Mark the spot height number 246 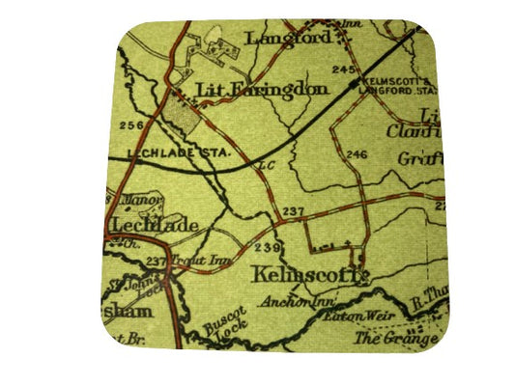[x=358, y=155]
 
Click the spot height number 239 [x=267, y=248]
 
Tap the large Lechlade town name [x=155, y=226]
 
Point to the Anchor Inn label [x=282, y=301]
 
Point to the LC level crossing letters [x=268, y=167]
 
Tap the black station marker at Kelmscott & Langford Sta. [x=354, y=74]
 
